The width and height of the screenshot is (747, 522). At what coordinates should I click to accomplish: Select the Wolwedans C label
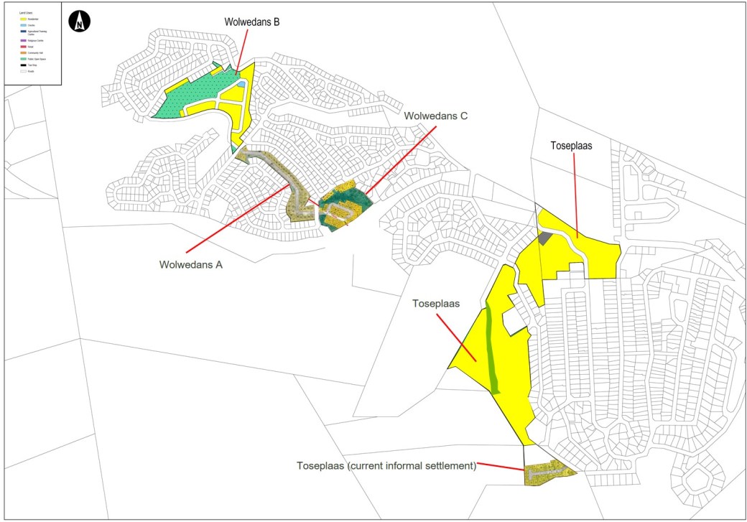pyautogui.click(x=436, y=116)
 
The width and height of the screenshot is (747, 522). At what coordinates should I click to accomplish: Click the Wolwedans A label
pyautogui.click(x=191, y=264)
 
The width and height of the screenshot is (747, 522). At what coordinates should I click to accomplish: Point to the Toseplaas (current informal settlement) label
pyautogui.click(x=386, y=465)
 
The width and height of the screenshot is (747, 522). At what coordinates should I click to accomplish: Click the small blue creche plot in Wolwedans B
pyautogui.click(x=241, y=84)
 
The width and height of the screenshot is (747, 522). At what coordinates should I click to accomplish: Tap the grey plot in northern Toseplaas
pyautogui.click(x=544, y=238)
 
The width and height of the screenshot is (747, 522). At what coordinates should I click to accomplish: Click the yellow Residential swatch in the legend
pyautogui.click(x=23, y=19)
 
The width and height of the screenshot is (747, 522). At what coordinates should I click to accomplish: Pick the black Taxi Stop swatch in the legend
pyautogui.click(x=23, y=65)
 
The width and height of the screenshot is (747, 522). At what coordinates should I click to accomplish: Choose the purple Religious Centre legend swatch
pyautogui.click(x=23, y=40)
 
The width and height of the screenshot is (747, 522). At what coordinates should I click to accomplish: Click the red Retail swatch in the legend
pyautogui.click(x=23, y=47)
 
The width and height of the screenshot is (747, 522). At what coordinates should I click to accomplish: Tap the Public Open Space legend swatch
pyautogui.click(x=23, y=59)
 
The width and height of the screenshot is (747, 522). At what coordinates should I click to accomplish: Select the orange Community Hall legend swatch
pyautogui.click(x=23, y=53)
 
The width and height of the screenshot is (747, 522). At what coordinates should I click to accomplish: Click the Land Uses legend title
pyautogui.click(x=26, y=13)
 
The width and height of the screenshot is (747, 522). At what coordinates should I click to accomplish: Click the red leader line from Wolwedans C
pyautogui.click(x=399, y=158)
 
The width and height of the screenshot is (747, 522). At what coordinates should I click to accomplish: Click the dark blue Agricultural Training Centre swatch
pyautogui.click(x=23, y=32)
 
